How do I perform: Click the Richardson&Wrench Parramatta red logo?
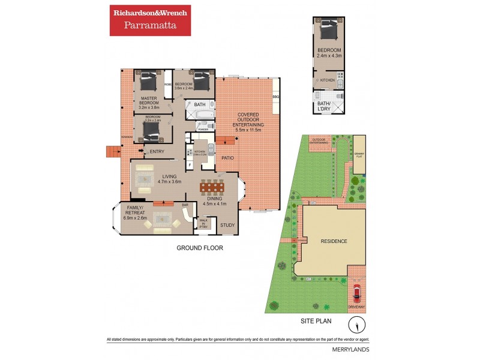[150, 20]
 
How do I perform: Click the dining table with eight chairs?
[211, 187]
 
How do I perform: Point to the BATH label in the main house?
[199, 104]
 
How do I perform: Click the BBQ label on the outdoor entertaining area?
[276, 97]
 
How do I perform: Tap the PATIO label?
[227, 158]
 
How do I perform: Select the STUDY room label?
[227, 226]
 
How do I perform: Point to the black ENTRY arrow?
[142, 151]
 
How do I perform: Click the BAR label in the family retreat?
[185, 205]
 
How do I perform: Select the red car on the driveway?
[356, 293]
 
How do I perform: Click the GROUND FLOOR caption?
[200, 247]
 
